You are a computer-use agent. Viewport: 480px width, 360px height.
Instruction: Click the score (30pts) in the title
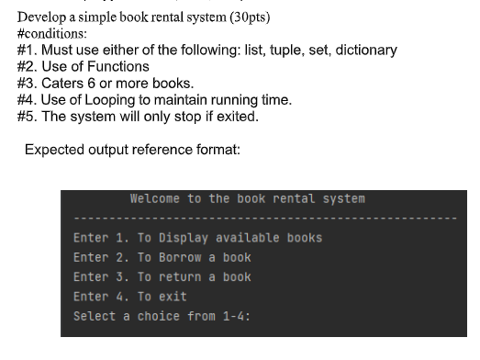click(x=247, y=17)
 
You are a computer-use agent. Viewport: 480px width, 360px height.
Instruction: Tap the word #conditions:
click(x=54, y=33)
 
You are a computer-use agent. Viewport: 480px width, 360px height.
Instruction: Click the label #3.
click(x=28, y=83)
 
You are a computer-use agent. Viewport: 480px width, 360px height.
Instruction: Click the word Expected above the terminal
click(x=56, y=150)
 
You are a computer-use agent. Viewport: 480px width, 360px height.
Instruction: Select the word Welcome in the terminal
click(x=156, y=198)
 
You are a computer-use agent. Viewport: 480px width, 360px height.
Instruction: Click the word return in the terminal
click(x=181, y=276)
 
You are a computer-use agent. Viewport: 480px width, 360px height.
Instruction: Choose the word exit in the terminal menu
click(x=173, y=297)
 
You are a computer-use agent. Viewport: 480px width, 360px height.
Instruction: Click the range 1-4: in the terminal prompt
click(x=233, y=316)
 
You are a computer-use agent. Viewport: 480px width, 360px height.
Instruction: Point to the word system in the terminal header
click(x=342, y=198)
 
